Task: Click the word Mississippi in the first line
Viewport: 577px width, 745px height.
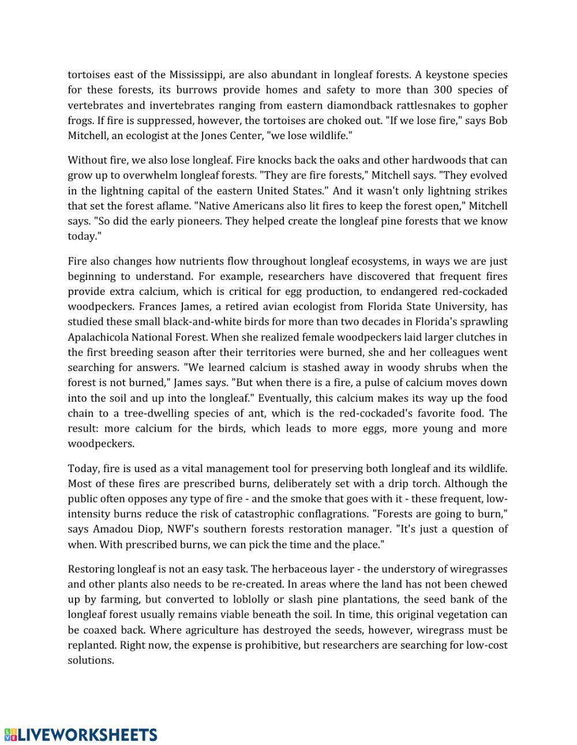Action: click(196, 74)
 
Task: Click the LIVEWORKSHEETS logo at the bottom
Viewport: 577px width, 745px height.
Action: click(81, 734)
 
